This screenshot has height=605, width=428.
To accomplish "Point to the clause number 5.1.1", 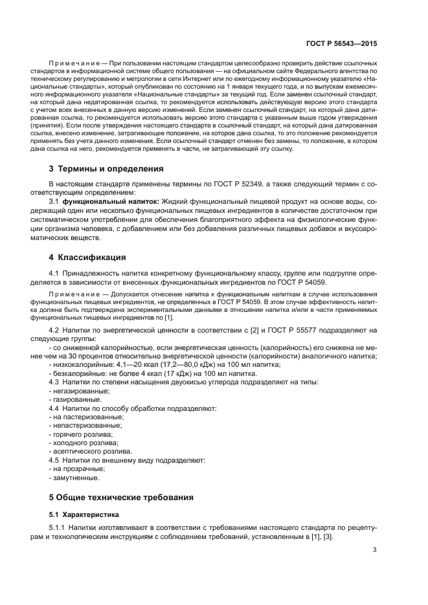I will click(x=57, y=529).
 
